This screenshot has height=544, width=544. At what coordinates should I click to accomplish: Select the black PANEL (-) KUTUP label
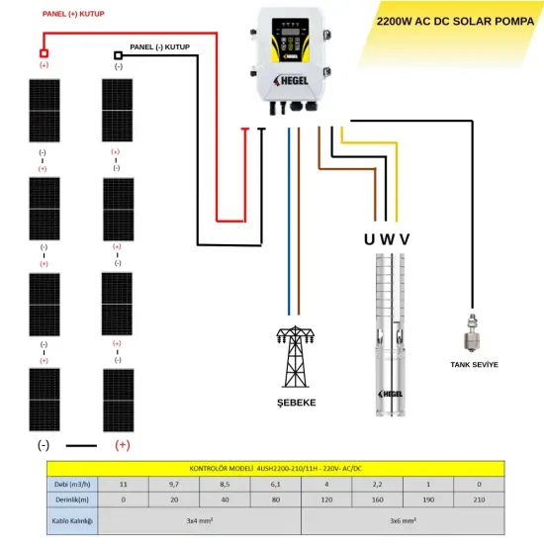pos(158,46)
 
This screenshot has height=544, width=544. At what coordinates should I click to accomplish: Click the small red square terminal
pos(43,53)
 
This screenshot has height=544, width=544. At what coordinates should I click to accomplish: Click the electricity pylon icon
pos(293,355)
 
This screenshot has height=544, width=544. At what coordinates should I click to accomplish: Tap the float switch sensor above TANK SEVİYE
pos(473,332)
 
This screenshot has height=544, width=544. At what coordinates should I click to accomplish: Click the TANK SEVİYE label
pos(474,364)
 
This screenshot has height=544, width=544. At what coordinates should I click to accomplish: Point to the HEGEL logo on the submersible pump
pos(391,393)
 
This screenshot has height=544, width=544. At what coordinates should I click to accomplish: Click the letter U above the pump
pos(370,238)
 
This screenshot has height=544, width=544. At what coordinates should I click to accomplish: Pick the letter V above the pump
pos(404,238)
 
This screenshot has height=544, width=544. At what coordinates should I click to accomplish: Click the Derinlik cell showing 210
pos(479,500)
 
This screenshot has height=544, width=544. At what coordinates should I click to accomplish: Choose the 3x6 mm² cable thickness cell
pos(401,520)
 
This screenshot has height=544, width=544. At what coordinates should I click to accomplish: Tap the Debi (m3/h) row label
pos(73,484)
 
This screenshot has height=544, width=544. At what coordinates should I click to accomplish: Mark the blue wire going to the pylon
pos(288,227)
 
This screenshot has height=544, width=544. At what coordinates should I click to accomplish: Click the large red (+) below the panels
pos(123,445)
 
